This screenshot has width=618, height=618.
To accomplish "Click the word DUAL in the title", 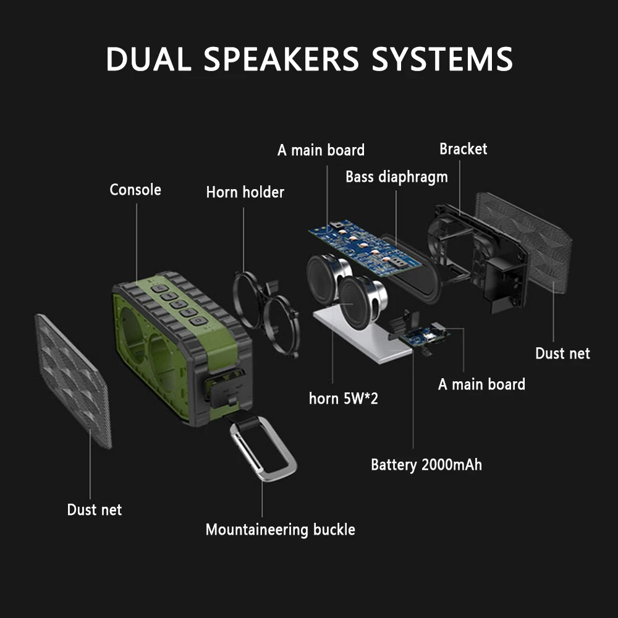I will pyautogui.click(x=146, y=59).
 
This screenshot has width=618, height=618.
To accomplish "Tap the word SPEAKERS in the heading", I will pyautogui.click(x=281, y=59).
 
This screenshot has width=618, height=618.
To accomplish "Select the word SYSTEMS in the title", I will pyautogui.click(x=442, y=59).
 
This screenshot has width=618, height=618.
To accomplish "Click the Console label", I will pyautogui.click(x=135, y=190).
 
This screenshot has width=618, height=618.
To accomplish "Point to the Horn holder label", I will pyautogui.click(x=245, y=192).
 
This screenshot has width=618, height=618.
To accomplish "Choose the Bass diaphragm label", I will pyautogui.click(x=396, y=177).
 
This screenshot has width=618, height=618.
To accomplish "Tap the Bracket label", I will pyautogui.click(x=463, y=149).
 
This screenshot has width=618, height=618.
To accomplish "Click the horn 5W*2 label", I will pyautogui.click(x=343, y=399).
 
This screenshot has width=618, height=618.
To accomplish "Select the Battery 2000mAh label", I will pyautogui.click(x=426, y=464).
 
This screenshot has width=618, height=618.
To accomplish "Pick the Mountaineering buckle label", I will pyautogui.click(x=280, y=530).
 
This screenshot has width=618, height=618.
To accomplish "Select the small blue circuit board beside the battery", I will pyautogui.click(x=426, y=336).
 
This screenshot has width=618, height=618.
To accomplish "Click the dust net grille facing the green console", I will pyautogui.click(x=72, y=378).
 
